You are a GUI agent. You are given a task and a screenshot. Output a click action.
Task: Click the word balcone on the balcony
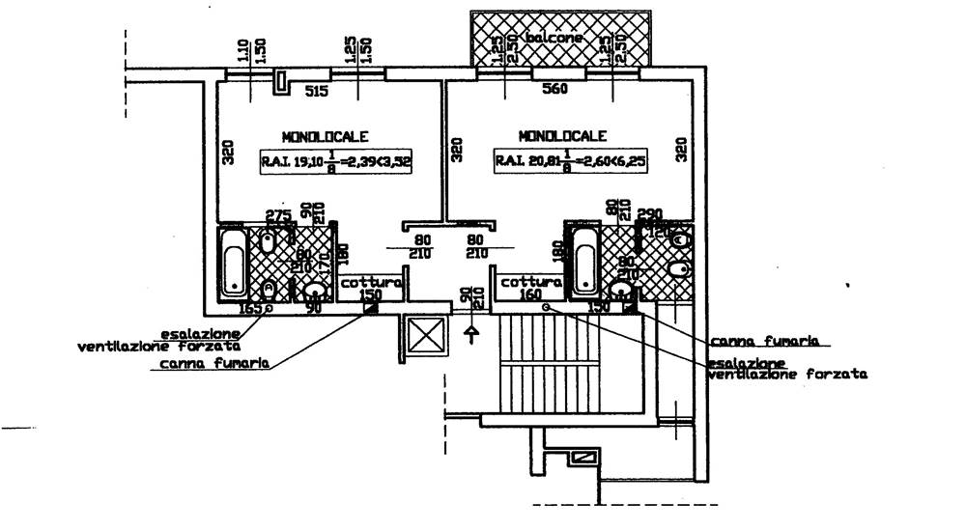555,39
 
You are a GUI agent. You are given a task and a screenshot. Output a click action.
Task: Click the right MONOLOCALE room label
562,136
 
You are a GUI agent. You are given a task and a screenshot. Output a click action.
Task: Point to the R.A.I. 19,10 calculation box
335,162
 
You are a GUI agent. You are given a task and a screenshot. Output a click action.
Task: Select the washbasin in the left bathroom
314,291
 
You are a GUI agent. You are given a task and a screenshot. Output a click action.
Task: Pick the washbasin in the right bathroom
622,290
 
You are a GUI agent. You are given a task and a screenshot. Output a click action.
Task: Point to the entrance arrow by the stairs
471,334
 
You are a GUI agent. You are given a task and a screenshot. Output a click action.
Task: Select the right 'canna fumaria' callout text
765,341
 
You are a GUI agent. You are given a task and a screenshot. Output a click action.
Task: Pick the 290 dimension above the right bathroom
650,213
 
